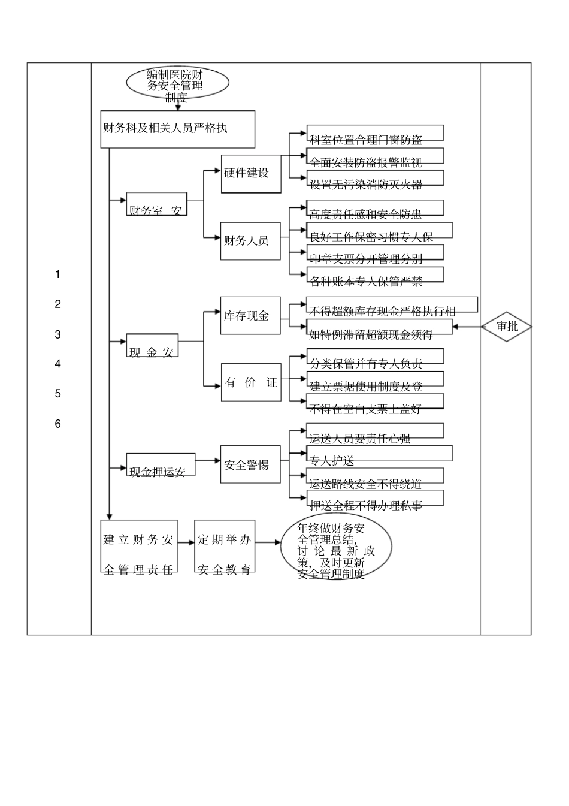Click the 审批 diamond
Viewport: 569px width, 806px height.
(x=507, y=327)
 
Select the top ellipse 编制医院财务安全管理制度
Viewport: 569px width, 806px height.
(x=177, y=83)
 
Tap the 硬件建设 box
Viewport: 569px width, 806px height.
(x=250, y=173)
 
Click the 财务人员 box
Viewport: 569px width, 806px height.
(x=250, y=241)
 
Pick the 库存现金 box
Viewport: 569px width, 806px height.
(x=250, y=316)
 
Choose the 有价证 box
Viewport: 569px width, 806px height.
(x=250, y=382)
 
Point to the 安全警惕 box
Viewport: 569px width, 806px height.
(x=250, y=464)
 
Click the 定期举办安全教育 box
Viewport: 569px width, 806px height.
(x=225, y=546)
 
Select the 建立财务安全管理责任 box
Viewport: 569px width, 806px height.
(x=139, y=546)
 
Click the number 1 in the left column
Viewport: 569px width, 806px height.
(x=57, y=274)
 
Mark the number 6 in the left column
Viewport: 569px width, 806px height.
(x=57, y=424)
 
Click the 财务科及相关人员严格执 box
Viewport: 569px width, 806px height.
(x=177, y=129)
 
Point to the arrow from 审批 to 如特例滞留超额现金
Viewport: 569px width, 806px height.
(x=467, y=327)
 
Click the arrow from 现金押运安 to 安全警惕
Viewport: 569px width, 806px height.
(x=208, y=461)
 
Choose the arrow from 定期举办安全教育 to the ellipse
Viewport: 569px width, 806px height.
(x=268, y=543)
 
